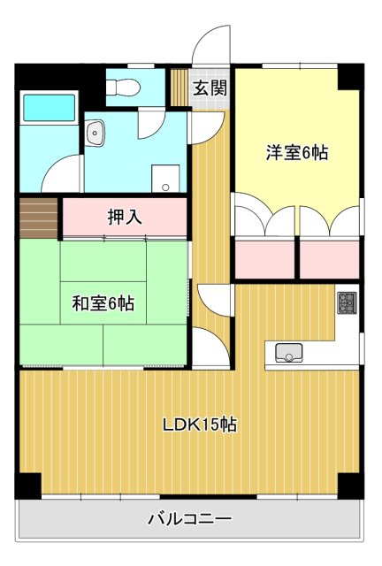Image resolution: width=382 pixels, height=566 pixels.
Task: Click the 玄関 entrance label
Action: (210, 88)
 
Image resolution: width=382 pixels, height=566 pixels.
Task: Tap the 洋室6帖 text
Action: (297, 153)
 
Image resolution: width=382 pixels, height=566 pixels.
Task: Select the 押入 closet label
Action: (125, 217)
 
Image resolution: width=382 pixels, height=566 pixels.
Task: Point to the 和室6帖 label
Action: (103, 303)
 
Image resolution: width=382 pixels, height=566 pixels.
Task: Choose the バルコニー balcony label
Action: (189, 518)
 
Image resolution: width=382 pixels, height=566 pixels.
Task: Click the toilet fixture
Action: (124, 87)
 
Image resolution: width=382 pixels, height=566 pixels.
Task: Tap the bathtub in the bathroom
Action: (50, 108)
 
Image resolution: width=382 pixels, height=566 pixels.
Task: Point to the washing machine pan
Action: (165, 176)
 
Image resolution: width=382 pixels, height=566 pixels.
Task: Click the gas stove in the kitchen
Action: (346, 303)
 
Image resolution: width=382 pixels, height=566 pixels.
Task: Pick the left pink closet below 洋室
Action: (264, 259)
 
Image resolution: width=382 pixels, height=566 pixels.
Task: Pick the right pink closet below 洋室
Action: (329, 259)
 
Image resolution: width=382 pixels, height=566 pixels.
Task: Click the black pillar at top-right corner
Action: (350, 77)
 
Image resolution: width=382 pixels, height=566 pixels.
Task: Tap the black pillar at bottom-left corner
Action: (28, 486)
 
